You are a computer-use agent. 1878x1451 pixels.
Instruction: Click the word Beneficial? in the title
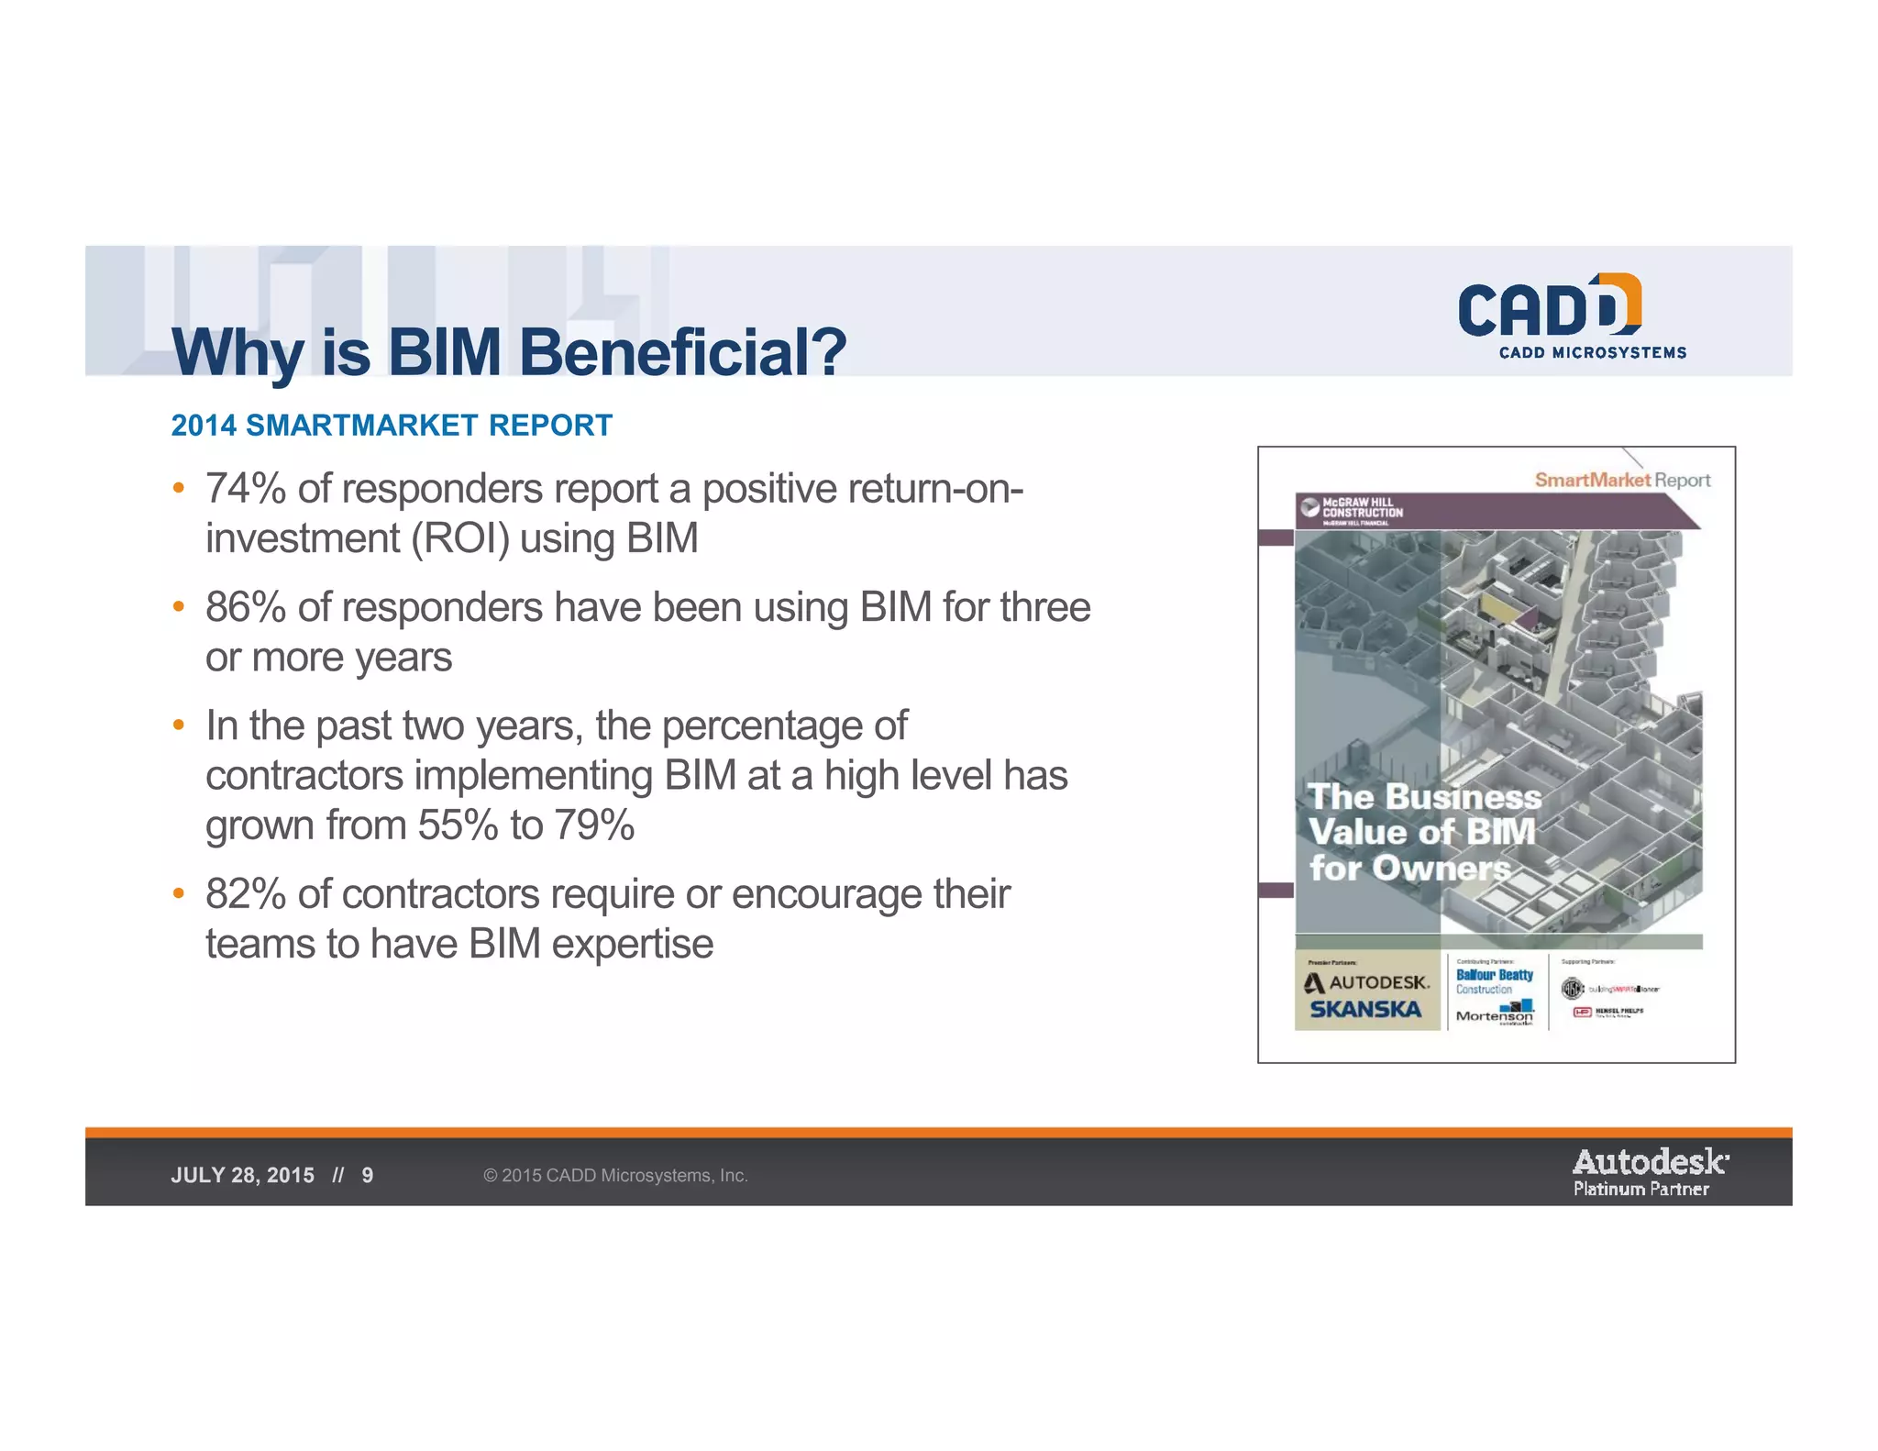(682, 353)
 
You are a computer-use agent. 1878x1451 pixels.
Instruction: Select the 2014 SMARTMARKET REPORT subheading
(392, 426)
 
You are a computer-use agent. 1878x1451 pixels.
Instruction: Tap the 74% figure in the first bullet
(246, 489)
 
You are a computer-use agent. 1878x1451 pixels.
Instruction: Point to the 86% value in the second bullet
(246, 607)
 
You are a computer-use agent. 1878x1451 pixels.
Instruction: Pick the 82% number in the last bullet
(246, 894)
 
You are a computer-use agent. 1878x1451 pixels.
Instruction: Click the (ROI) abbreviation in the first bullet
(459, 538)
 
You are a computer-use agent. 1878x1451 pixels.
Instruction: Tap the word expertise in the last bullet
(632, 944)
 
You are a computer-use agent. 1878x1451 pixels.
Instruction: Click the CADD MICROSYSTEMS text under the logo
(1593, 353)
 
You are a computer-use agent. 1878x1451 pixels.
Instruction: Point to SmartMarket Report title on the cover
(1622, 480)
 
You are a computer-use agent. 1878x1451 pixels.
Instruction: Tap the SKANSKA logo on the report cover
(1365, 1010)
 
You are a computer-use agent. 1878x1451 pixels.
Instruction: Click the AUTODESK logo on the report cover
(1367, 982)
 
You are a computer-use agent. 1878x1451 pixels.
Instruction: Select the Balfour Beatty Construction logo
(1495, 981)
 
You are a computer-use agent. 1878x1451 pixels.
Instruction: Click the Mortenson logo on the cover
(1495, 1014)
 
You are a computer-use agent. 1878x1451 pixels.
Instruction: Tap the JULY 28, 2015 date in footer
(242, 1176)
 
